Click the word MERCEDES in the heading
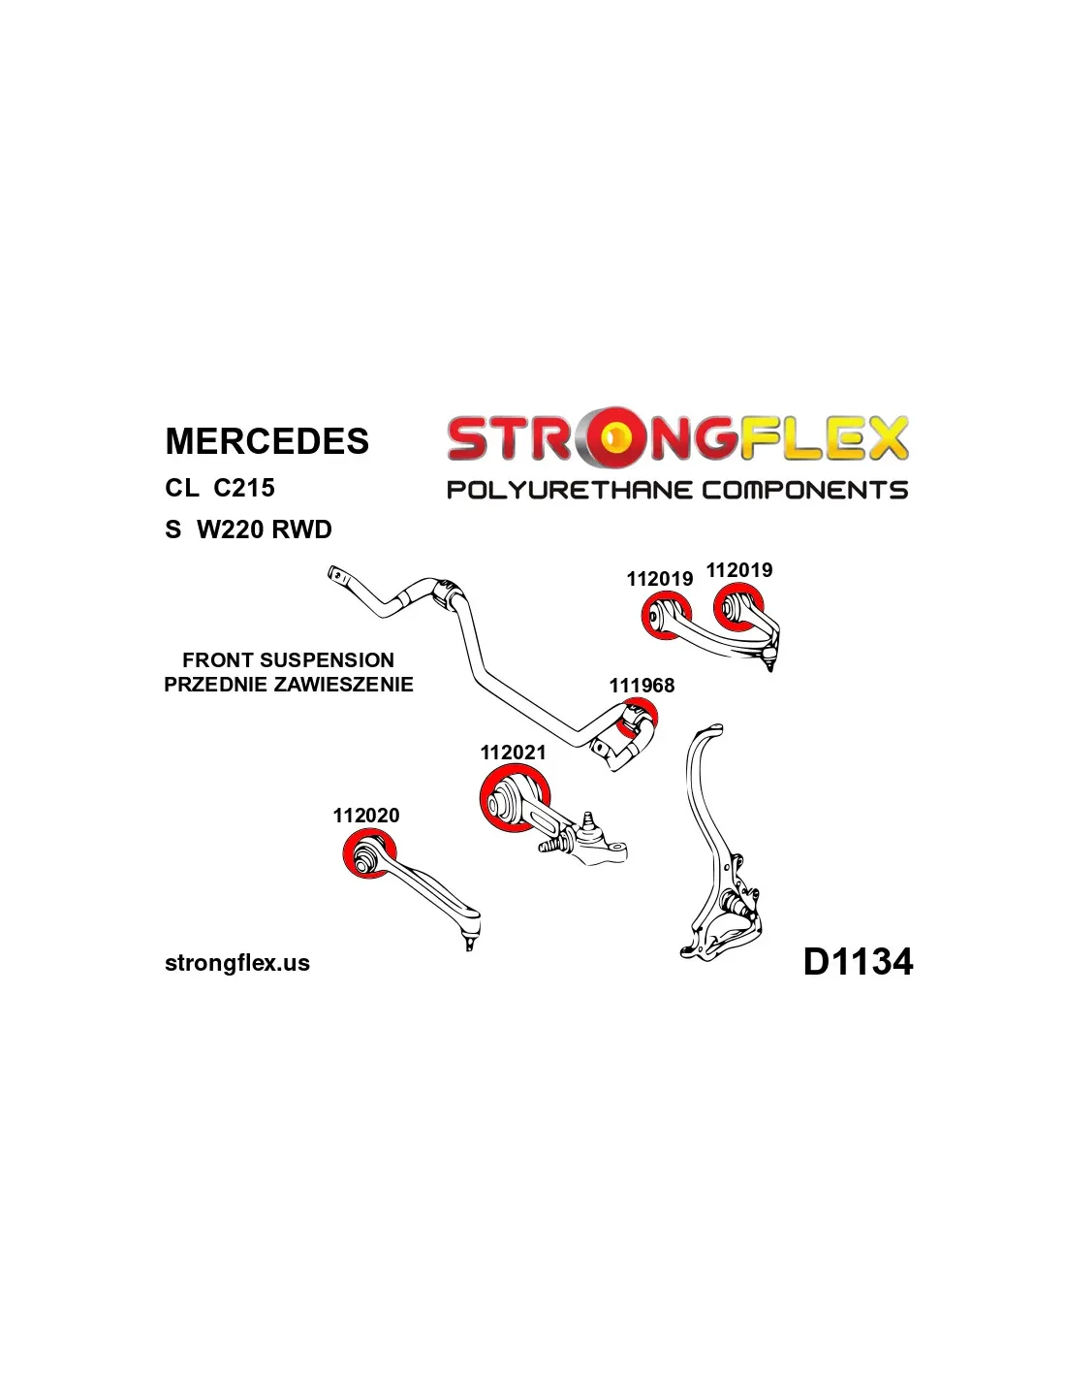pyautogui.click(x=266, y=441)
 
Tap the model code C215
pyautogui.click(x=243, y=488)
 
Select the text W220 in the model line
pyautogui.click(x=230, y=529)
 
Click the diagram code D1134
pyautogui.click(x=858, y=962)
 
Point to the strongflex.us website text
pyautogui.click(x=237, y=963)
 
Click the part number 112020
pyautogui.click(x=365, y=816)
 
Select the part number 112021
pyautogui.click(x=513, y=753)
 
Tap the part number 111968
pyautogui.click(x=642, y=686)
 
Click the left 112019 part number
pyautogui.click(x=659, y=579)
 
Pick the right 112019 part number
pyautogui.click(x=739, y=570)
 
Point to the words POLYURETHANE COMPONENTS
pyautogui.click(x=676, y=490)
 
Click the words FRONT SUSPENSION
pyautogui.click(x=288, y=660)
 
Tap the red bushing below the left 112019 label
pyautogui.click(x=666, y=618)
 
